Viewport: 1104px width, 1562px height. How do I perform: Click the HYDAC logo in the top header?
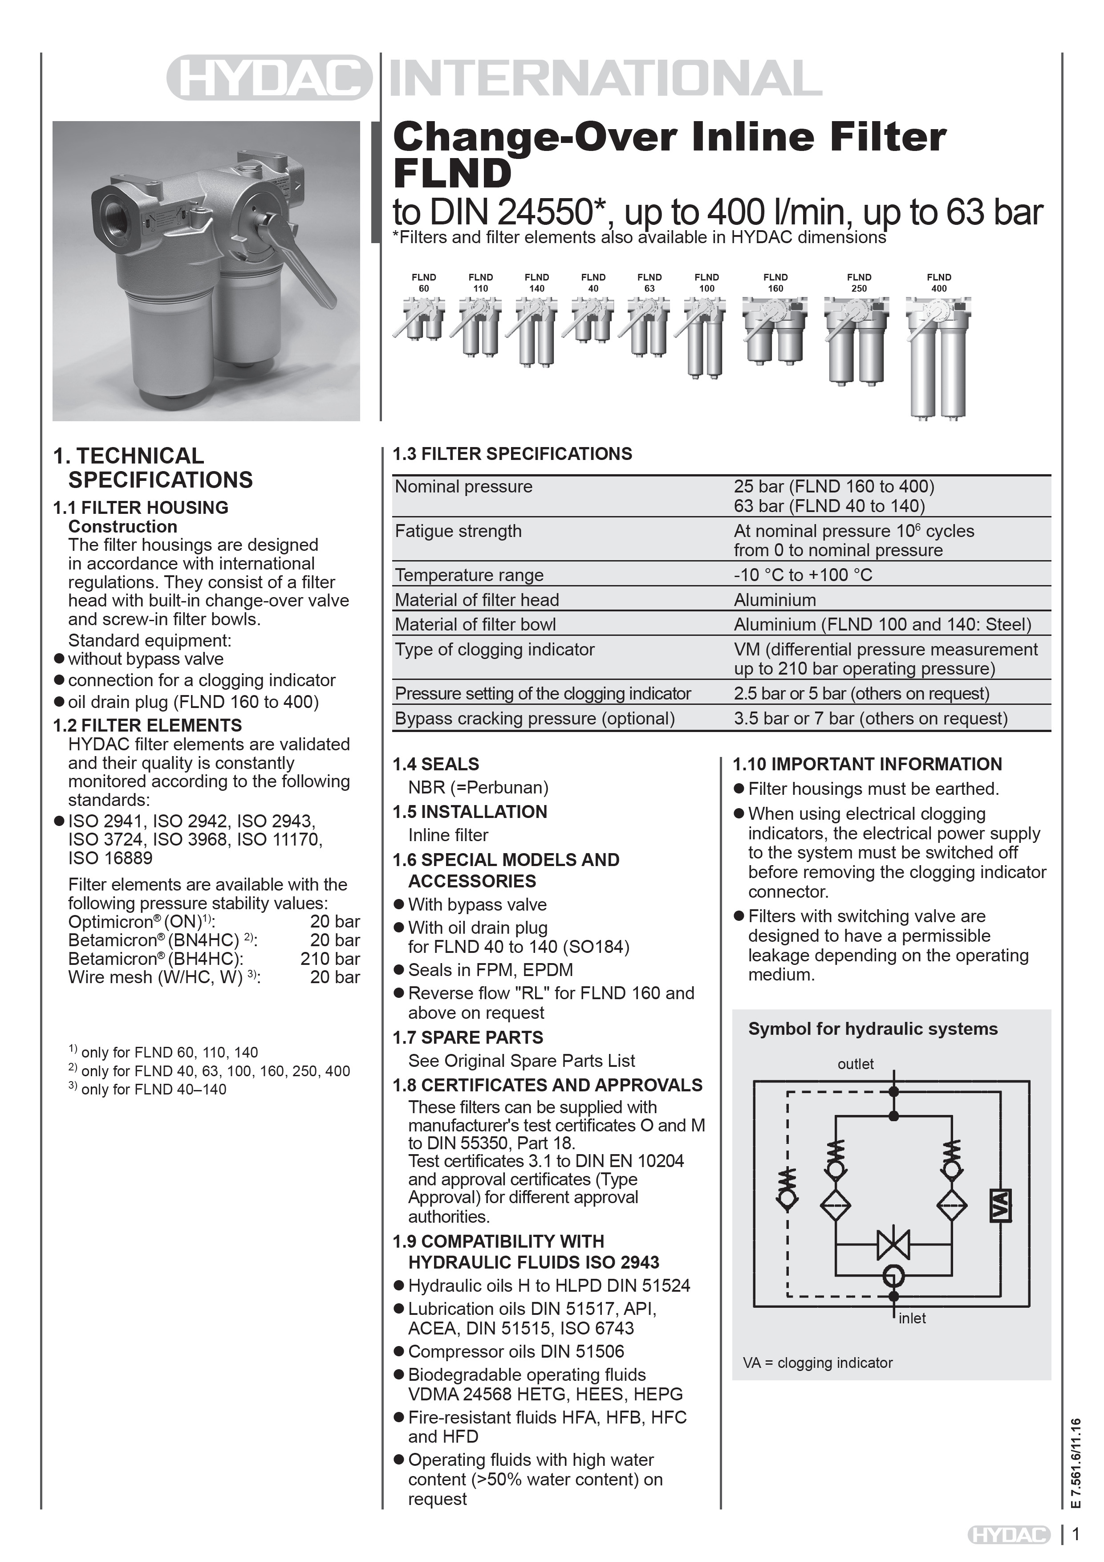coord(269,77)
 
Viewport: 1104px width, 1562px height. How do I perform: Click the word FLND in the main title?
coord(452,174)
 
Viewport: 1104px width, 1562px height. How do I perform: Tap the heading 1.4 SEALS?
coord(436,764)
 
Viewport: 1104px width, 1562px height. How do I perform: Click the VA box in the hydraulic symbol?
coord(1000,1205)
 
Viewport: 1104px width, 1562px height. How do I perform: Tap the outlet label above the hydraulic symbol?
coord(855,1064)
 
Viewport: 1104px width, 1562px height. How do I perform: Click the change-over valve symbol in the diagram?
coord(893,1244)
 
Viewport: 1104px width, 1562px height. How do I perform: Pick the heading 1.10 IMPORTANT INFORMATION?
coord(867,764)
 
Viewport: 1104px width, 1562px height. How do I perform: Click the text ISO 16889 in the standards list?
coord(110,858)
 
